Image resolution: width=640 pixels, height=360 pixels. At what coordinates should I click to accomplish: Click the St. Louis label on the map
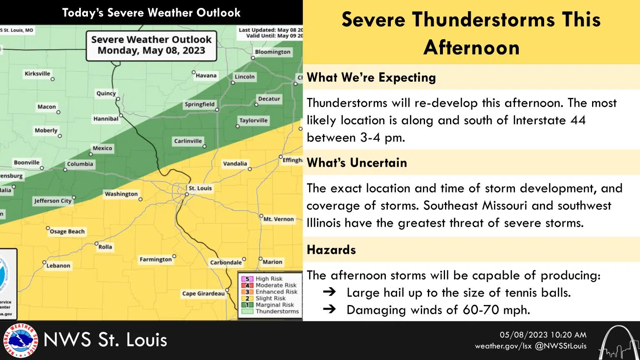pyautogui.click(x=200, y=188)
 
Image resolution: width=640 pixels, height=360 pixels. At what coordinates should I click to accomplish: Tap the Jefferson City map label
pyautogui.click(x=53, y=201)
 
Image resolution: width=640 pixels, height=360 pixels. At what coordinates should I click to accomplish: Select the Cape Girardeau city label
pyautogui.click(x=203, y=294)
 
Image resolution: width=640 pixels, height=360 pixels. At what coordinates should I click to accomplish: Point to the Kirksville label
pyautogui.click(x=37, y=74)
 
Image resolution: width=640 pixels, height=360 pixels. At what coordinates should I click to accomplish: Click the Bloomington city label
pyautogui.click(x=272, y=52)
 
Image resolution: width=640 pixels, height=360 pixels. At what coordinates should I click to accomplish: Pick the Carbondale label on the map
pyautogui.click(x=226, y=262)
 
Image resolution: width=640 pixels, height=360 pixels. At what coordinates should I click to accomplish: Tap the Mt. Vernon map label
pyautogui.click(x=279, y=219)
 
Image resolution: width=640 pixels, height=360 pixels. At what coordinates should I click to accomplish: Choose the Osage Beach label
pyautogui.click(x=67, y=232)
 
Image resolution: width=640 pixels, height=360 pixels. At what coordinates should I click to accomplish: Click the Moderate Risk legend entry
pyautogui.click(x=276, y=285)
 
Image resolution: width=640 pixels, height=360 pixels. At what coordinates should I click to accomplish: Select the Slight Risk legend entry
pyautogui.click(x=270, y=298)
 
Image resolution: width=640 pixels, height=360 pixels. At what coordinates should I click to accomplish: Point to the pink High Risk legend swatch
pyautogui.click(x=247, y=279)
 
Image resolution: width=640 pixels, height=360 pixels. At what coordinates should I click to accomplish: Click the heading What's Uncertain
pyautogui.click(x=357, y=162)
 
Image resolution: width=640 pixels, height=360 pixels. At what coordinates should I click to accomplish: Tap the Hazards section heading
pyautogui.click(x=331, y=250)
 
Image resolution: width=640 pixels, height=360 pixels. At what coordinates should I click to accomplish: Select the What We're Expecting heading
pyautogui.click(x=371, y=77)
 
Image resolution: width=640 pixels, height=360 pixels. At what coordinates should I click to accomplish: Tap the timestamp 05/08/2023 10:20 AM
pyautogui.click(x=543, y=335)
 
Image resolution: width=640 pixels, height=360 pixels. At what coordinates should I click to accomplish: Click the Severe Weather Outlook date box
pyautogui.click(x=152, y=45)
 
